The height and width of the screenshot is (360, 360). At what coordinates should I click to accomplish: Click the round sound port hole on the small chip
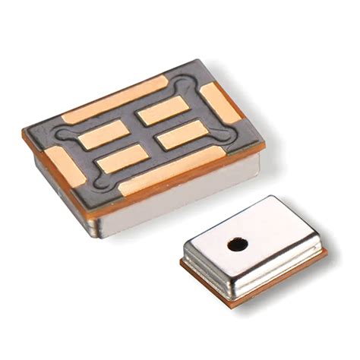coord(238,245)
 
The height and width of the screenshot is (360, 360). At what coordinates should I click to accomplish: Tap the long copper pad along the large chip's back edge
coord(114,99)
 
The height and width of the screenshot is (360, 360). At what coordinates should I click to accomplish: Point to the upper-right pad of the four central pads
coord(162,111)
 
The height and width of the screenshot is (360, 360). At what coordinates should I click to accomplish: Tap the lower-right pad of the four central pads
coord(182,134)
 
